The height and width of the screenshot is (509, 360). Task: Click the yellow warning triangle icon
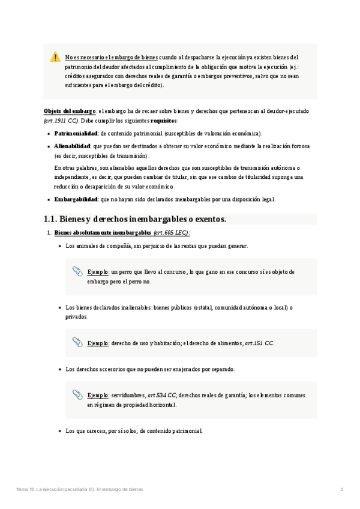[55, 57]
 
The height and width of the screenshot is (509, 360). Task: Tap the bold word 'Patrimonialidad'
[76, 133]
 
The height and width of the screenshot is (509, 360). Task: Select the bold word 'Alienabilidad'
[73, 146]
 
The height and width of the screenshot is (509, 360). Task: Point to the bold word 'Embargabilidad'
[76, 199]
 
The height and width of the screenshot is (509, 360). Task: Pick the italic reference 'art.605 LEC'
[171, 232]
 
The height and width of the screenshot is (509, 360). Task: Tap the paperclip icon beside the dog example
[77, 272]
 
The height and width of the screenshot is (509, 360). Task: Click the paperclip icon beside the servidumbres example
[77, 395]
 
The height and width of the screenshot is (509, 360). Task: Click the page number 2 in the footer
[342, 490]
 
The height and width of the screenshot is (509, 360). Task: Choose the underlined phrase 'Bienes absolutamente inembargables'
[103, 232]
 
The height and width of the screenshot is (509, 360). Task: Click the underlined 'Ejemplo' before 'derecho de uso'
[97, 343]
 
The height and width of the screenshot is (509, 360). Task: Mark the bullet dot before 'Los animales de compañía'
[59, 246]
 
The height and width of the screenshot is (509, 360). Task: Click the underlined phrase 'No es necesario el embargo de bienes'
[112, 58]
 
